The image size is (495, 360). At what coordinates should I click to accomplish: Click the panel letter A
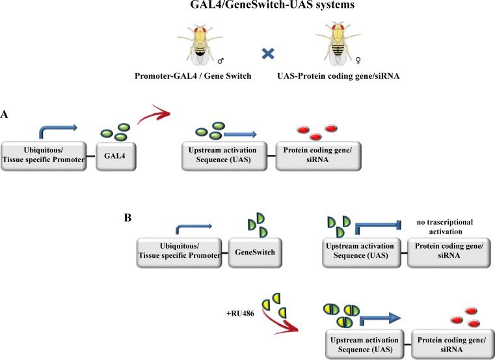(6, 114)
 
